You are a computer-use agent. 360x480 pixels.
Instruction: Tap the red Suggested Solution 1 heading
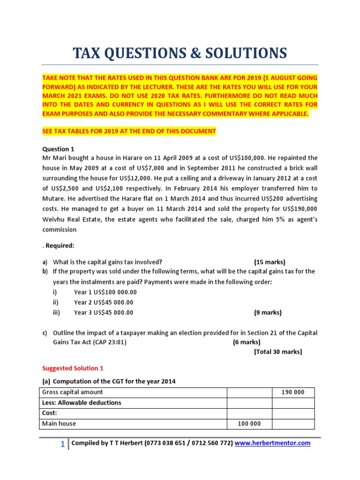[x=70, y=368]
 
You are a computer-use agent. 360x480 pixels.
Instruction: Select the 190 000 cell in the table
[x=293, y=392]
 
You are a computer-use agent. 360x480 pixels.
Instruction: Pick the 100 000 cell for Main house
[x=249, y=423]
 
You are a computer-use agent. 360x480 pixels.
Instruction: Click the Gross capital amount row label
[x=73, y=392]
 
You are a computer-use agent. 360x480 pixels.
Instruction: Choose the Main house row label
[x=59, y=423]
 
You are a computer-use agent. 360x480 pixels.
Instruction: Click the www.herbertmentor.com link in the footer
[x=272, y=443]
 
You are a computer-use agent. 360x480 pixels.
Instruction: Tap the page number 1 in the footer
[x=63, y=444]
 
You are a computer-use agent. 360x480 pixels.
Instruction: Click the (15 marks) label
[x=270, y=262]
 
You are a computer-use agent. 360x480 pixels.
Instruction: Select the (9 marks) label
[x=268, y=313]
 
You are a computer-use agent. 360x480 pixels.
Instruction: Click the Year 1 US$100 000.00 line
[x=104, y=292]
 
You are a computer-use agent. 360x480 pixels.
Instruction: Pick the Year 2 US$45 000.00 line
[x=104, y=302]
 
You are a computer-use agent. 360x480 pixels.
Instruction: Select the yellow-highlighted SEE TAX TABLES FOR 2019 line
[x=129, y=131]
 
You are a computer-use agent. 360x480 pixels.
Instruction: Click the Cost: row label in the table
[x=50, y=413]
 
